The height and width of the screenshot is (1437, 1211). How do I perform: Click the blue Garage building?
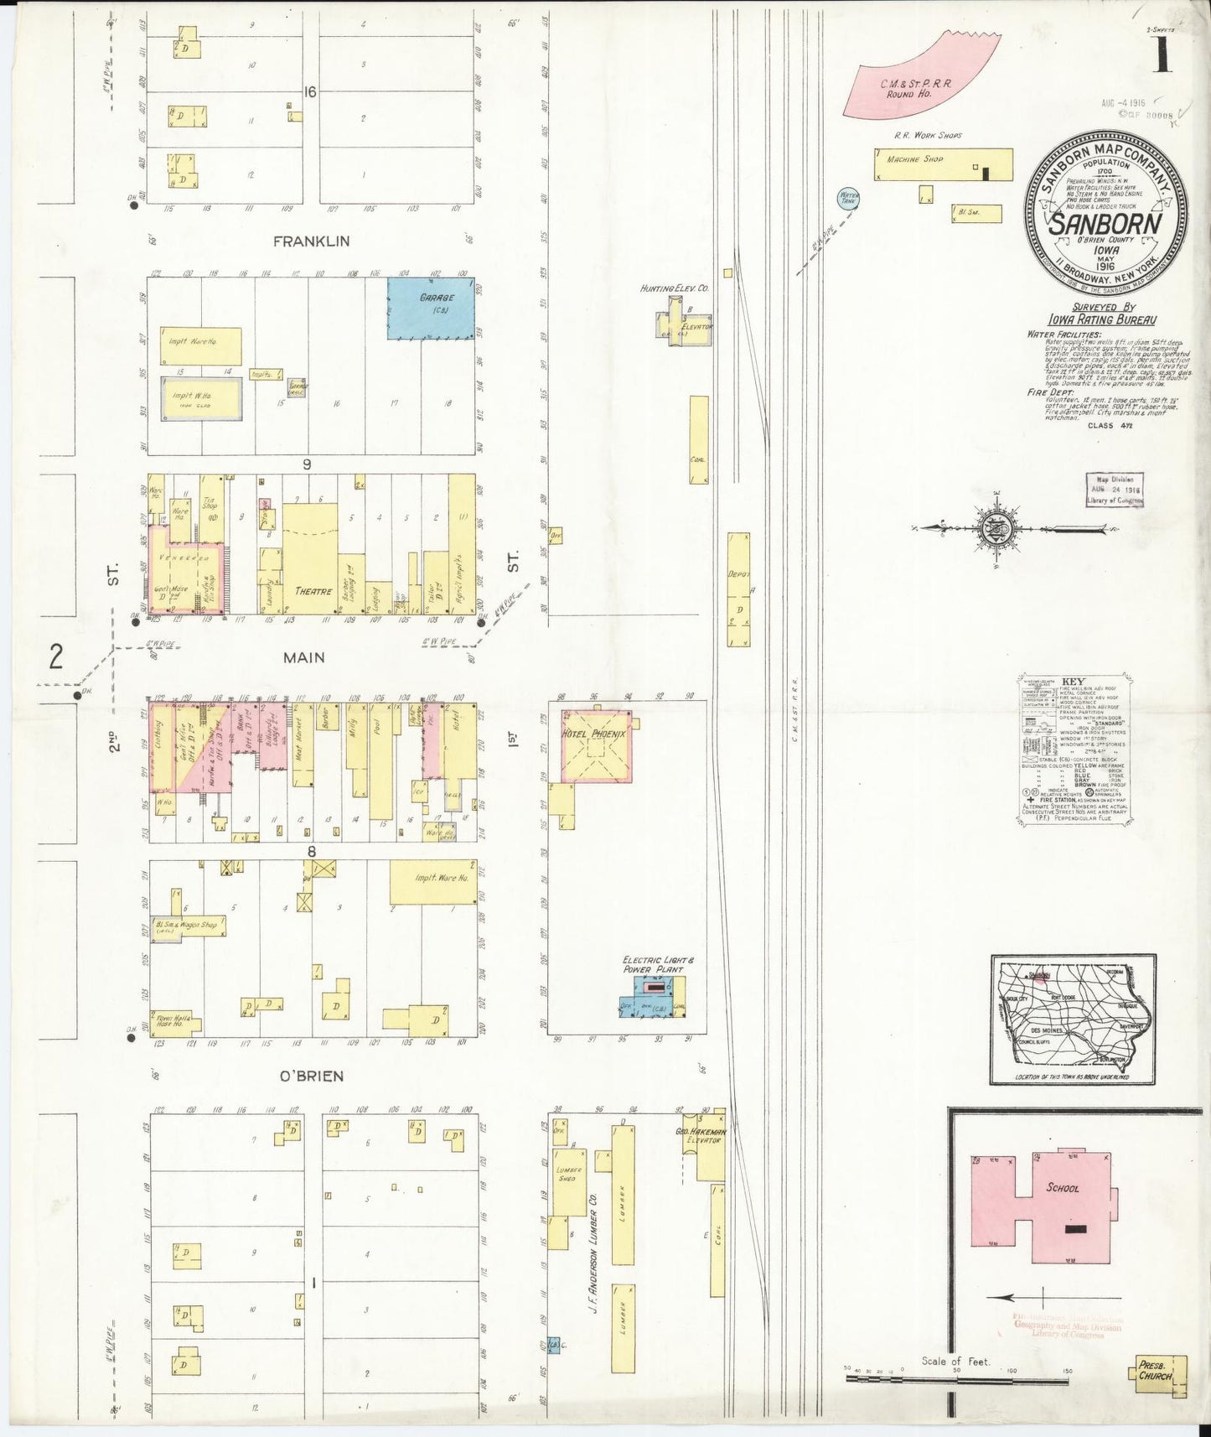430,309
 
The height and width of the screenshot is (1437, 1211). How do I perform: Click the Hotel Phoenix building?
595,745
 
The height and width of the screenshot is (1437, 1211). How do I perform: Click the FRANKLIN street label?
311,241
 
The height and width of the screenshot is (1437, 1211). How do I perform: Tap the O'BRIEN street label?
311,1076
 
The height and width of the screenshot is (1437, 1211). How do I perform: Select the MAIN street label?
303,658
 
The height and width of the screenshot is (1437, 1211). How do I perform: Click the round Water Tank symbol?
848,199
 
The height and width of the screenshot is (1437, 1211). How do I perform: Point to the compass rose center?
997,529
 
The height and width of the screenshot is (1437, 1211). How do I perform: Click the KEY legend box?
1074,749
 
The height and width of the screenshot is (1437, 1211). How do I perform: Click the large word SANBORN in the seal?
1105,224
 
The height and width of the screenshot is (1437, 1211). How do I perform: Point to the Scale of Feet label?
955,1362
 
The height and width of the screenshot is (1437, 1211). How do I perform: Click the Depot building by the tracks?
738,589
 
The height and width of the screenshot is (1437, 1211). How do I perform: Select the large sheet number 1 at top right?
1162,54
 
